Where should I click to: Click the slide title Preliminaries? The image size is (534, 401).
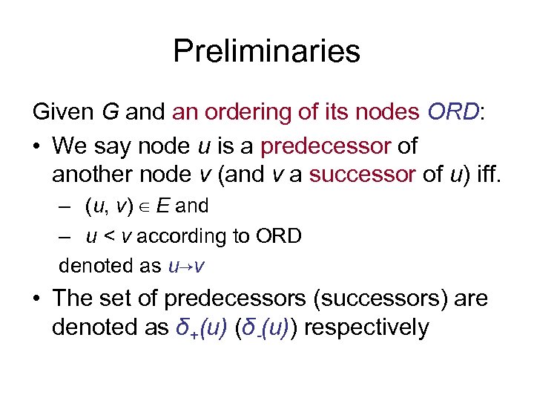click(266, 51)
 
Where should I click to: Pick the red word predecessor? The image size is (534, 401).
click(326, 146)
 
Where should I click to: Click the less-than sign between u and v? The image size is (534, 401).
click(108, 237)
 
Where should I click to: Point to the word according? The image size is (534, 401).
click(173, 237)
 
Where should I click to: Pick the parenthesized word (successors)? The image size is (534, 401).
click(391, 299)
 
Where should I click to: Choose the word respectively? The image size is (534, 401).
click(366, 328)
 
